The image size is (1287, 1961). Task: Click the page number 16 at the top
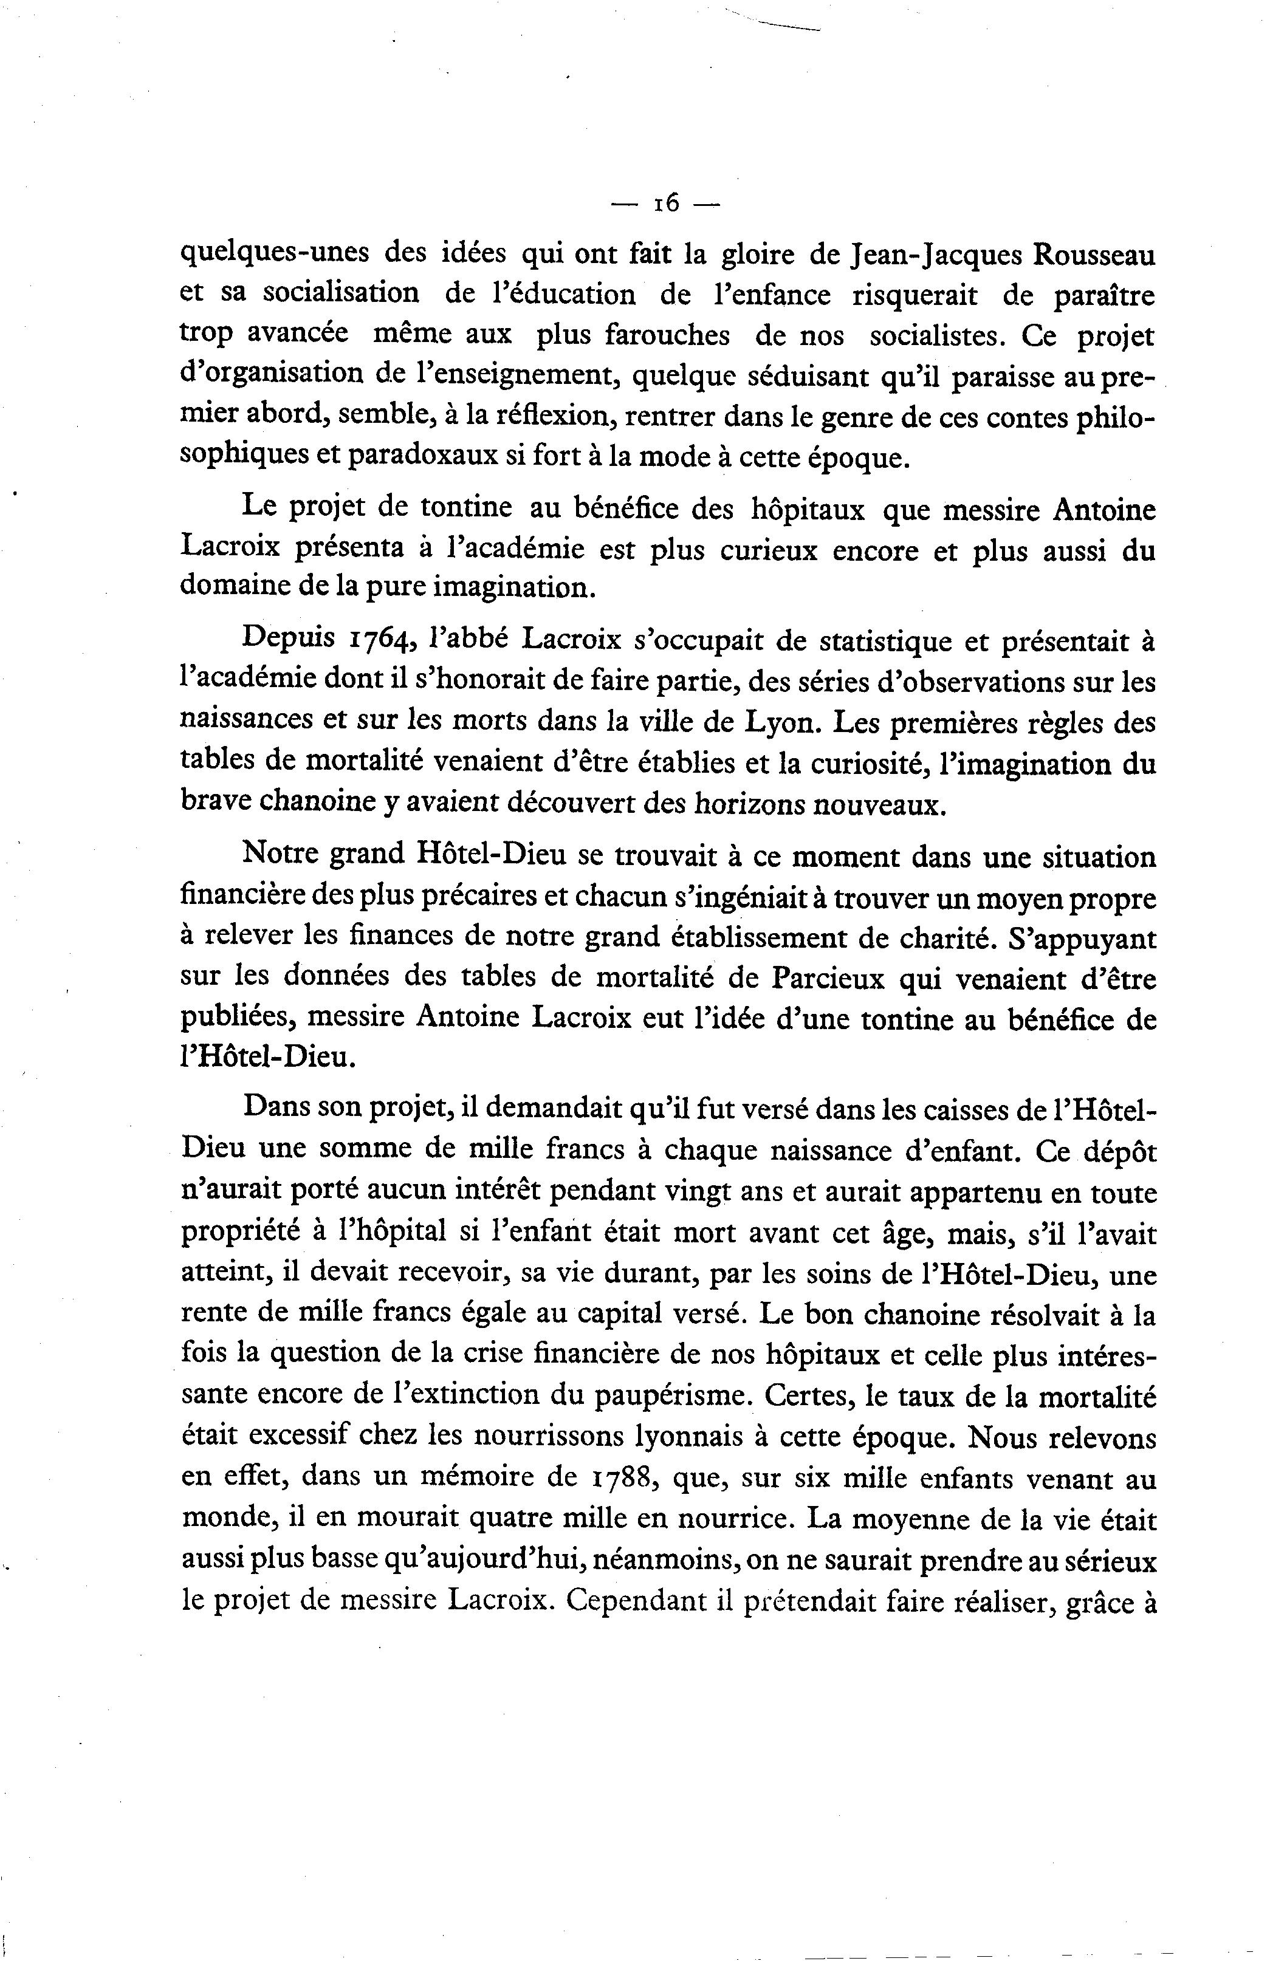[x=666, y=203]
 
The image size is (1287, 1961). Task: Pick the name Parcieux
[x=829, y=980]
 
